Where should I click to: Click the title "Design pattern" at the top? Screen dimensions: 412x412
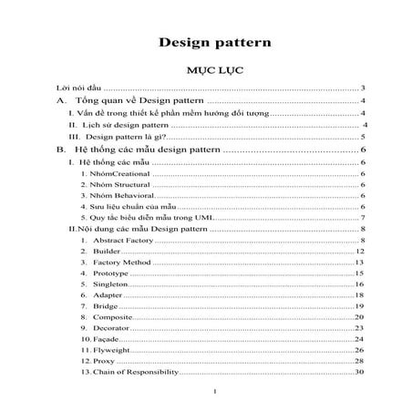click(x=211, y=41)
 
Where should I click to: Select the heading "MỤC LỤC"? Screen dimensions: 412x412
click(x=210, y=69)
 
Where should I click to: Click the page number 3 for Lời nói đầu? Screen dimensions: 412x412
click(x=363, y=88)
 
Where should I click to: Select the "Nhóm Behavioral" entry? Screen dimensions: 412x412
click(x=117, y=195)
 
